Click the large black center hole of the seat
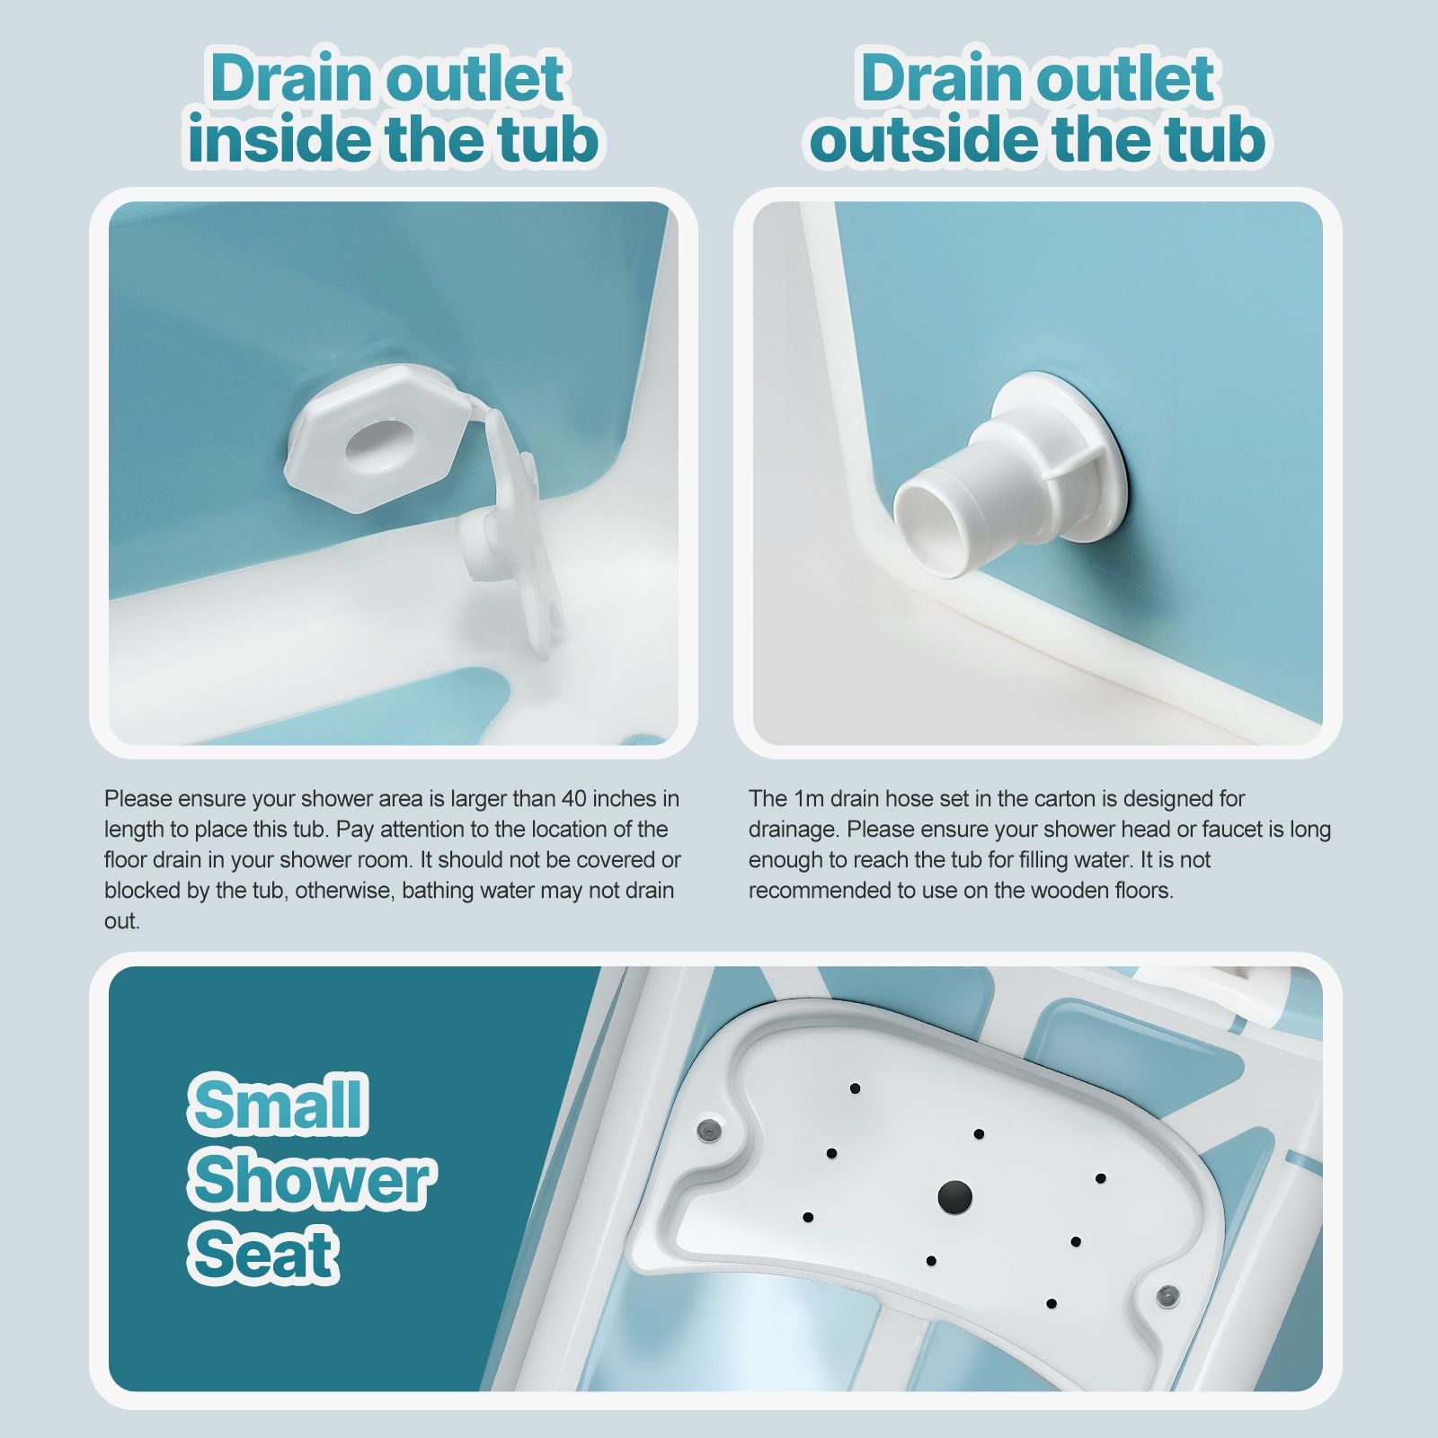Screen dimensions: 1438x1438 coord(954,1196)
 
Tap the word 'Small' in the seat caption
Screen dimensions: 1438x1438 coord(278,1105)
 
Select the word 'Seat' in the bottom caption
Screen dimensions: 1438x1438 coord(264,1255)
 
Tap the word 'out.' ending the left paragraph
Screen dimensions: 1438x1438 coord(122,921)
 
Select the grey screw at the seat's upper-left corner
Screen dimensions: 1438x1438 coord(707,1128)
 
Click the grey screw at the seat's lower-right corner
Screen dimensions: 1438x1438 coord(1168,1295)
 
